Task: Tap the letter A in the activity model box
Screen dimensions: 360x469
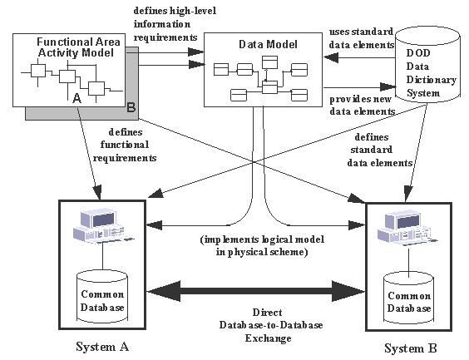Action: tap(77, 98)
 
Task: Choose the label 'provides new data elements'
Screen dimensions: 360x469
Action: tap(358, 105)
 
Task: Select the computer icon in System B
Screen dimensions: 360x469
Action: tap(405, 229)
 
